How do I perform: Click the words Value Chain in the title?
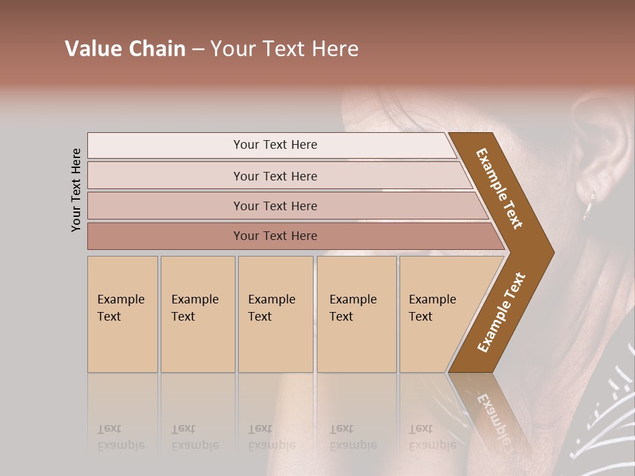[125, 49]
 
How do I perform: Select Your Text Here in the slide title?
[284, 49]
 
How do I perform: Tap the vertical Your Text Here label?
[76, 190]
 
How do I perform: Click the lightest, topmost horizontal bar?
[275, 145]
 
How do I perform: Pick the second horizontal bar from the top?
[275, 176]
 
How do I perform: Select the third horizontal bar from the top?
[275, 206]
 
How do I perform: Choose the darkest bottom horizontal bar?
[275, 236]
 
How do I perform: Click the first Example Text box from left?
[122, 314]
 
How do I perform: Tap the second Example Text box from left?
[197, 314]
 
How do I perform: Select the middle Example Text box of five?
[275, 314]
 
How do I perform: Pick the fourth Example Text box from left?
[356, 314]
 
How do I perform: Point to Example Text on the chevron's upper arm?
[499, 188]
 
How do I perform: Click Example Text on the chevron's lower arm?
[501, 313]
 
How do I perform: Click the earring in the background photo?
[588, 206]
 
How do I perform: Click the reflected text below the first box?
[120, 437]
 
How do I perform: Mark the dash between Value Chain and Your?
[198, 50]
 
